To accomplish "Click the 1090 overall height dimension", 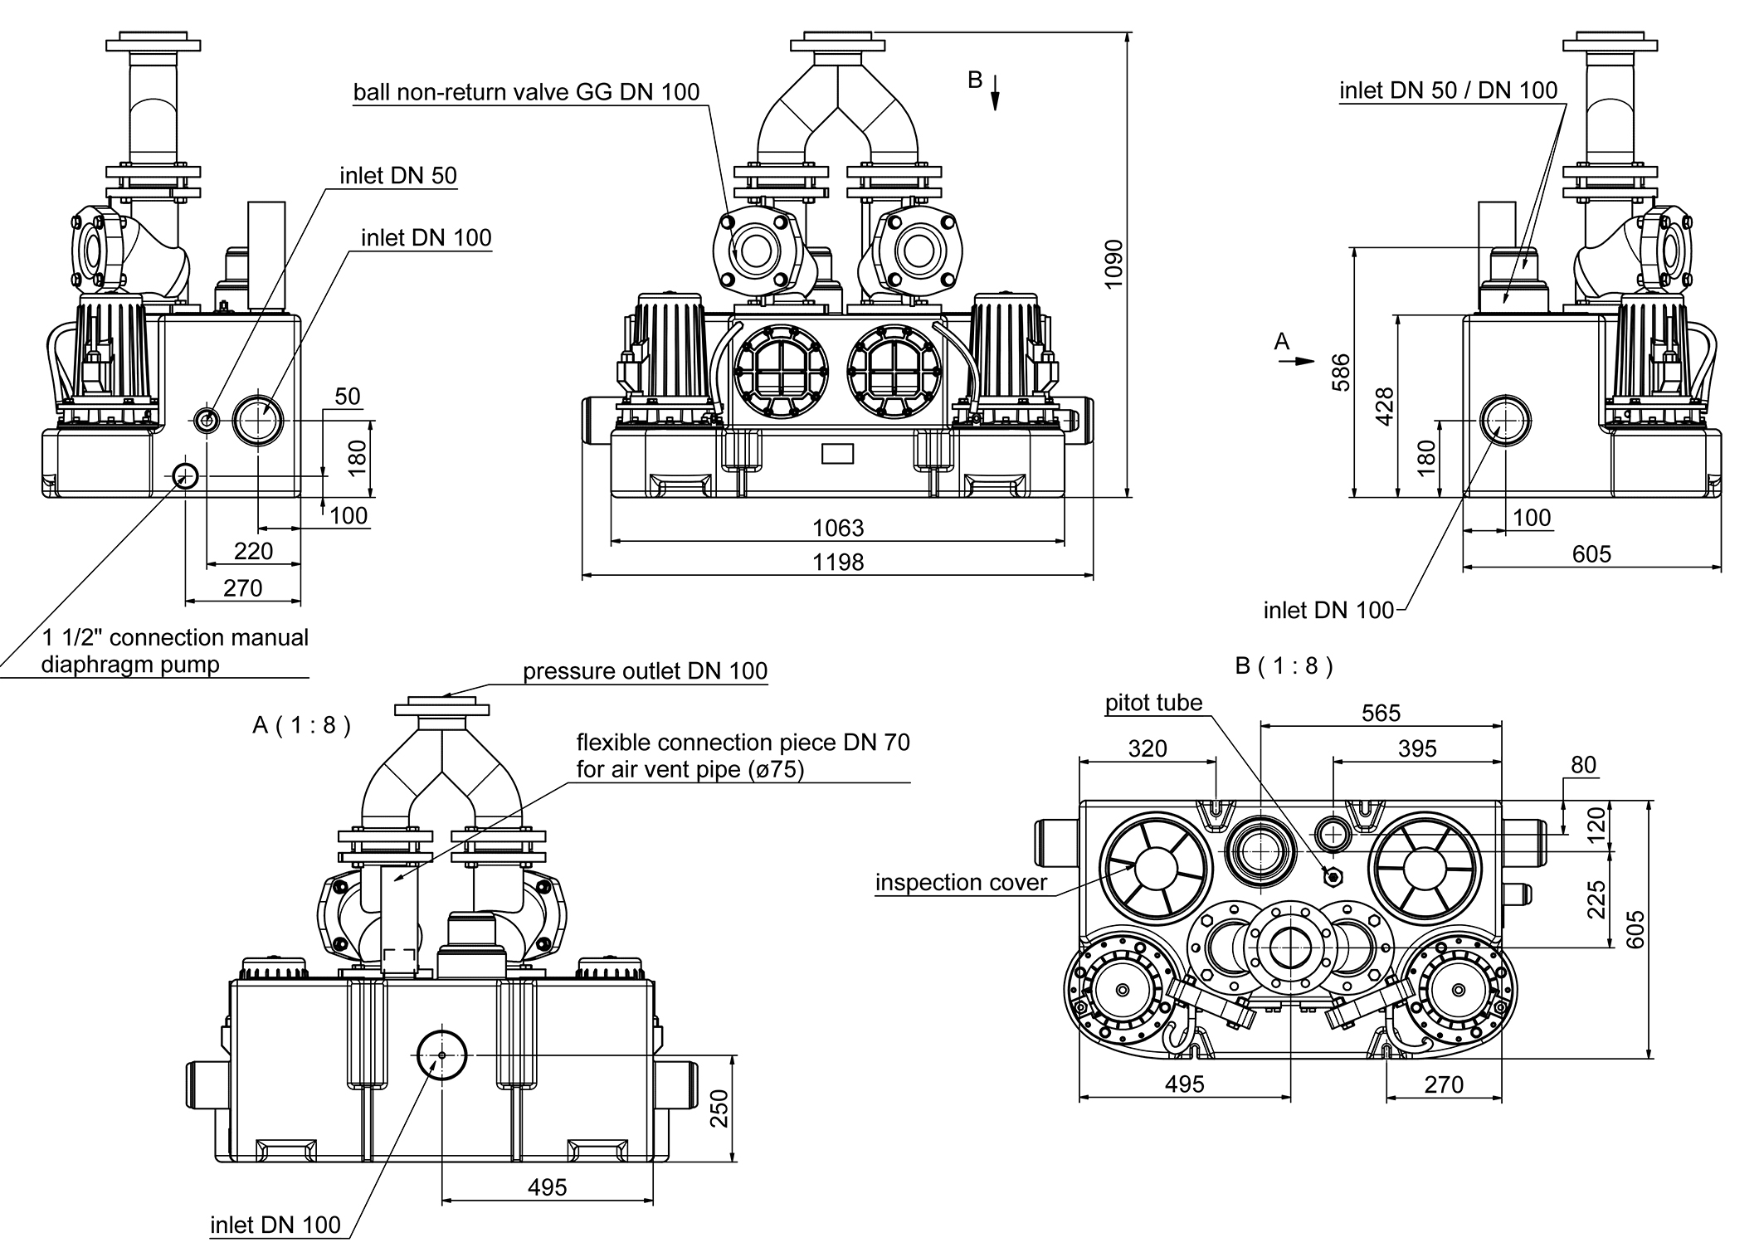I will [x=1113, y=264].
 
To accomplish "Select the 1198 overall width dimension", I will [x=838, y=563].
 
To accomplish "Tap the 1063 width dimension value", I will [x=838, y=528].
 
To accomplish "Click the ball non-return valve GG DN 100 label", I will [x=526, y=91].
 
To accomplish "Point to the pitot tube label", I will [x=1153, y=703].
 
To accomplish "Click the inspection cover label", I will [x=961, y=882].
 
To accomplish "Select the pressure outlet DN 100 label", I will [x=645, y=670].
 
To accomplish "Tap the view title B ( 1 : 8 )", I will [x=1284, y=666].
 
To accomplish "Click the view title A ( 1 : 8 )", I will [x=301, y=725].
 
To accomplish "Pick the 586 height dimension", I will [x=1340, y=372].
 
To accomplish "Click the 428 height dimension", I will [x=1384, y=407].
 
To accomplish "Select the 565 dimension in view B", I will [x=1381, y=713].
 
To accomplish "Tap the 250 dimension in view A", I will [x=719, y=1108].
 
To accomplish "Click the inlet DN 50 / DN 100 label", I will [x=1448, y=90].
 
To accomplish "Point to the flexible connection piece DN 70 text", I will [x=743, y=742].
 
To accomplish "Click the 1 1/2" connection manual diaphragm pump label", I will [x=174, y=650].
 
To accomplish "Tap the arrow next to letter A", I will [x=1303, y=360].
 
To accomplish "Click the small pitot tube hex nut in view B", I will [x=1333, y=877].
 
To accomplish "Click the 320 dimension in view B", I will [x=1148, y=748].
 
